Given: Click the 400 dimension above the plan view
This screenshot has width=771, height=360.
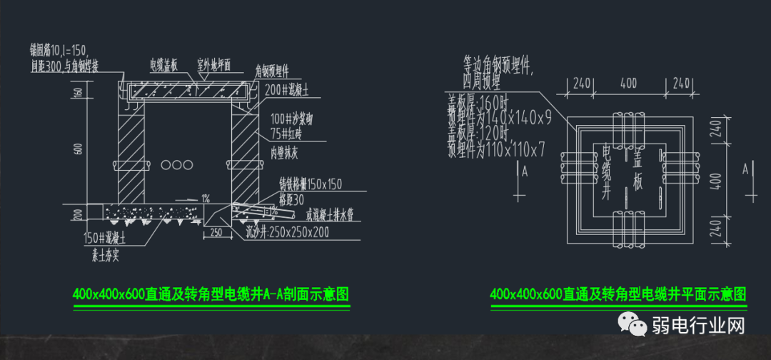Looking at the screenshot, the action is pos(628,83).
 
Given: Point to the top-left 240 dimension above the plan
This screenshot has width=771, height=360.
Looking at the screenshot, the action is pos(581,83).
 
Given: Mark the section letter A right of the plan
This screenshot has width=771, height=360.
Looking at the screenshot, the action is pos(745,169).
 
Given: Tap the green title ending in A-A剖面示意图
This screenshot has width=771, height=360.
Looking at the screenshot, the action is pos(211,294).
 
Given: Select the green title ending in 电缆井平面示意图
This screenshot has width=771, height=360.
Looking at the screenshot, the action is pos(618,294).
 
